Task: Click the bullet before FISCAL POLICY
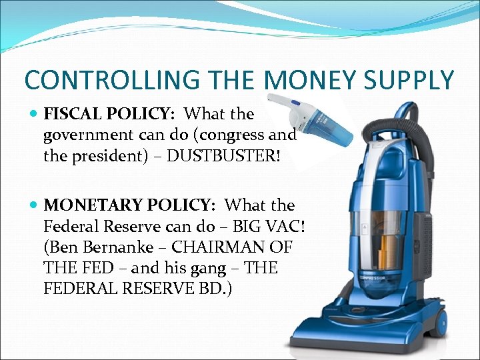tap(35, 115)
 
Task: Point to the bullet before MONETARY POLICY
tap(35, 205)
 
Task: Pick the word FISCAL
tap(67, 115)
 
